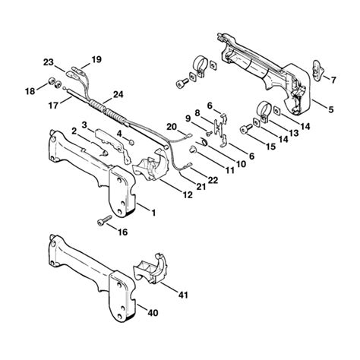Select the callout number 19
click(96, 59)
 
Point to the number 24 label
click(118, 95)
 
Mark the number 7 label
click(331, 79)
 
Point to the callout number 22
click(213, 179)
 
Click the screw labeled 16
click(102, 222)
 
